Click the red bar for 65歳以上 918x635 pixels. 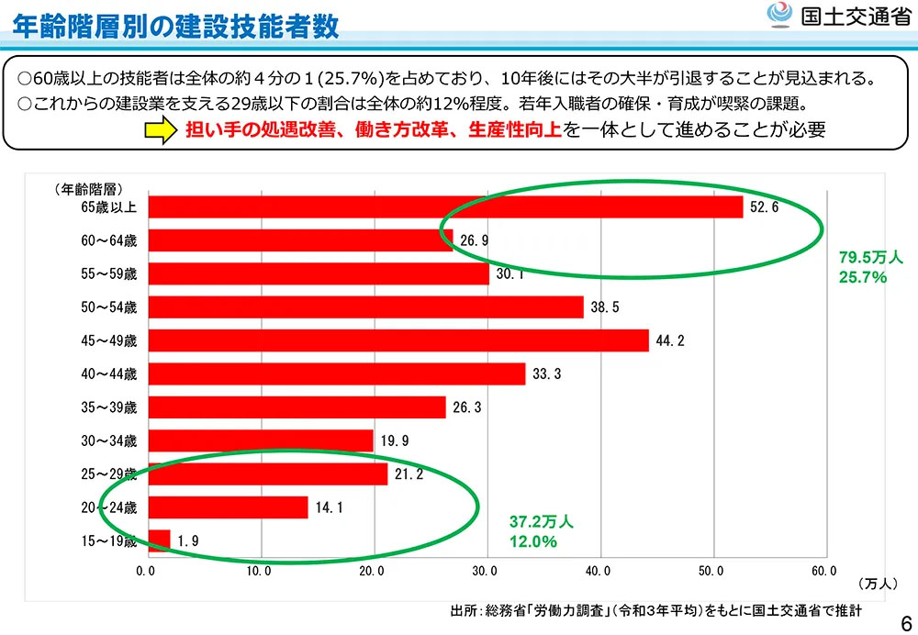coord(445,207)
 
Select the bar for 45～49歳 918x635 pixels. coord(398,340)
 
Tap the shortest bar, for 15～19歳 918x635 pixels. coord(159,540)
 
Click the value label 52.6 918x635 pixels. coord(764,207)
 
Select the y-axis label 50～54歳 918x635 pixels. coord(108,307)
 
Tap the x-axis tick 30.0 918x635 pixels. coord(484,572)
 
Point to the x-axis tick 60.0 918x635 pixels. coord(823,572)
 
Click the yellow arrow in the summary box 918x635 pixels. coord(160,130)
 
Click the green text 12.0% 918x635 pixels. coord(533,541)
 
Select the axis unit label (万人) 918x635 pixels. coord(879,584)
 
